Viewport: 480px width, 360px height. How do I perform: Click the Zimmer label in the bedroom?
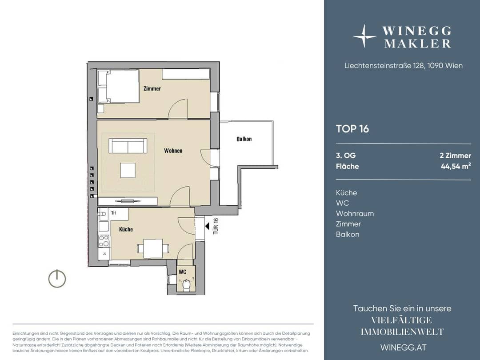[x=152, y=88]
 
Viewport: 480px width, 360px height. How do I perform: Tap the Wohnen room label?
[x=173, y=151]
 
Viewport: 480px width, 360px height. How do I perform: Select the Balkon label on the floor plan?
[x=244, y=139]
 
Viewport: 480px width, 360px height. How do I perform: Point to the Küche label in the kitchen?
[x=126, y=229]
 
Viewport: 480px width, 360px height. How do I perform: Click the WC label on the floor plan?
[x=183, y=272]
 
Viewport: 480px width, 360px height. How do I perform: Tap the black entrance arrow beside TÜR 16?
[x=207, y=226]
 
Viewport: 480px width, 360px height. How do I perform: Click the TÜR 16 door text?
[x=216, y=226]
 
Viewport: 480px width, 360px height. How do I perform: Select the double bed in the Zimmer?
[x=118, y=86]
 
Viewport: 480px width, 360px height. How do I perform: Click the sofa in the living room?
[x=128, y=146]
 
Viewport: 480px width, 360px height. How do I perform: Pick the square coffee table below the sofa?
[x=128, y=170]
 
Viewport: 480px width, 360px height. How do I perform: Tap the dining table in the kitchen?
[x=153, y=248]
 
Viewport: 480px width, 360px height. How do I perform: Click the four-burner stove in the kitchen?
[x=104, y=240]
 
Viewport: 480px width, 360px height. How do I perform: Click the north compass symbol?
[x=57, y=279]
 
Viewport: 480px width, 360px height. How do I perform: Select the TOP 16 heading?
[x=352, y=129]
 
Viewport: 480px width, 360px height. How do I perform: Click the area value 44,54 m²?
[x=456, y=166]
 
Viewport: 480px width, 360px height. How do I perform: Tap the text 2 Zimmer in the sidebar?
[x=455, y=156]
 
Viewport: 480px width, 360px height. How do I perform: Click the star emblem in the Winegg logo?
[x=364, y=36]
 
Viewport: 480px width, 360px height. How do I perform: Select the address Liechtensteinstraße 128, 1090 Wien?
[x=404, y=65]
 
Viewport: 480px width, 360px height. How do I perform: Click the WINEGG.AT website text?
[x=403, y=348]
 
